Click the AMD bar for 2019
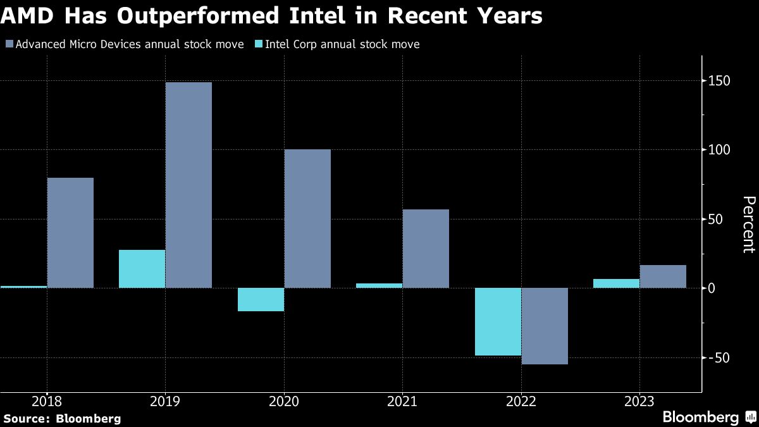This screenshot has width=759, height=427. click(188, 185)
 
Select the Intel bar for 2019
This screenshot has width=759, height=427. click(142, 269)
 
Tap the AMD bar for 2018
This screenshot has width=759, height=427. click(70, 233)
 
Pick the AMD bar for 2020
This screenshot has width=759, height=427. click(307, 218)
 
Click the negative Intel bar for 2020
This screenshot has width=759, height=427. click(261, 300)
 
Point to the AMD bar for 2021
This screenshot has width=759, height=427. click(426, 249)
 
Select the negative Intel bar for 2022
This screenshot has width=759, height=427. click(498, 321)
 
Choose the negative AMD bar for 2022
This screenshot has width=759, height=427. click(545, 326)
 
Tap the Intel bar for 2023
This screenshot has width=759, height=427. click(616, 283)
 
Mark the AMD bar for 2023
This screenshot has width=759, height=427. click(663, 276)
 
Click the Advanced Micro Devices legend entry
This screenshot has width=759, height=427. click(124, 44)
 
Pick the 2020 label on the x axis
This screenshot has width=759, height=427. click(283, 401)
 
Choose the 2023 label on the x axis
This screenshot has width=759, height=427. click(639, 401)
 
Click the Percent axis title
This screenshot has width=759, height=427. click(748, 225)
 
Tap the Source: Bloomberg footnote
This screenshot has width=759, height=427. click(62, 418)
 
